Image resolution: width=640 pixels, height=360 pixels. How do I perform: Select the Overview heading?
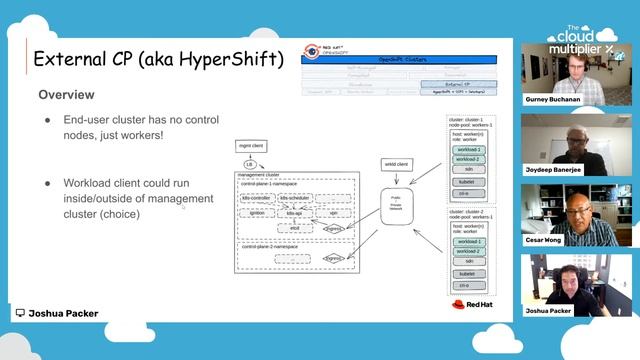(66, 94)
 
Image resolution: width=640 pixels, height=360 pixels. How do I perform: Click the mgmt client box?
(250, 147)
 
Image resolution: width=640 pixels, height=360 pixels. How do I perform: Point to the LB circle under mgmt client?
(250, 164)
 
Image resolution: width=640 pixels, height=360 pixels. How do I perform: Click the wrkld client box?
(396, 163)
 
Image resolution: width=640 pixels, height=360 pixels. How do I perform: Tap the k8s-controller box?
(265, 199)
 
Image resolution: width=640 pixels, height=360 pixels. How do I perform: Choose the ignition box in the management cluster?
(258, 213)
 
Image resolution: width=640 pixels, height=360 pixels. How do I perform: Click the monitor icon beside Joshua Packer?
(19, 313)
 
